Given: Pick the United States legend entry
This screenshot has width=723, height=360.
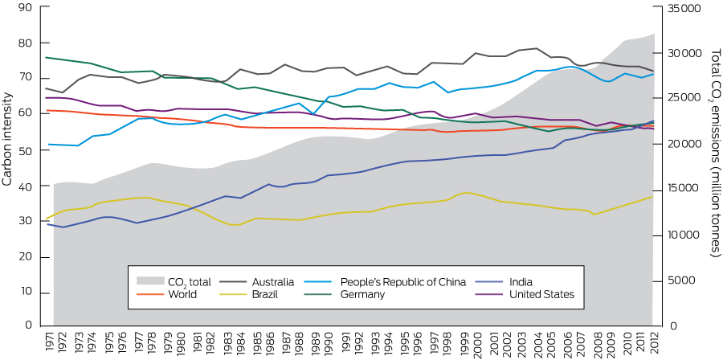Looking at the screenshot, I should [541, 295].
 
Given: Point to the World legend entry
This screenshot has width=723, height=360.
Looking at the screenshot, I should [182, 295].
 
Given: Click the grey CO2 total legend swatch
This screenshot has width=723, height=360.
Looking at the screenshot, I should [149, 281].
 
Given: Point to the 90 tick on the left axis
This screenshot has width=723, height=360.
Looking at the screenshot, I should [26, 7].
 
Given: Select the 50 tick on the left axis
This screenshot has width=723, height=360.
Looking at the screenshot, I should [26, 150].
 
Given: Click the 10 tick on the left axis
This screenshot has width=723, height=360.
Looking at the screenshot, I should [26, 291].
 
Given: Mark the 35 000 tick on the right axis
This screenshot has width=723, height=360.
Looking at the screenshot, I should [679, 8].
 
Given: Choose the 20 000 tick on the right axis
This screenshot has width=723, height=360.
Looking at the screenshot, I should [679, 144].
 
